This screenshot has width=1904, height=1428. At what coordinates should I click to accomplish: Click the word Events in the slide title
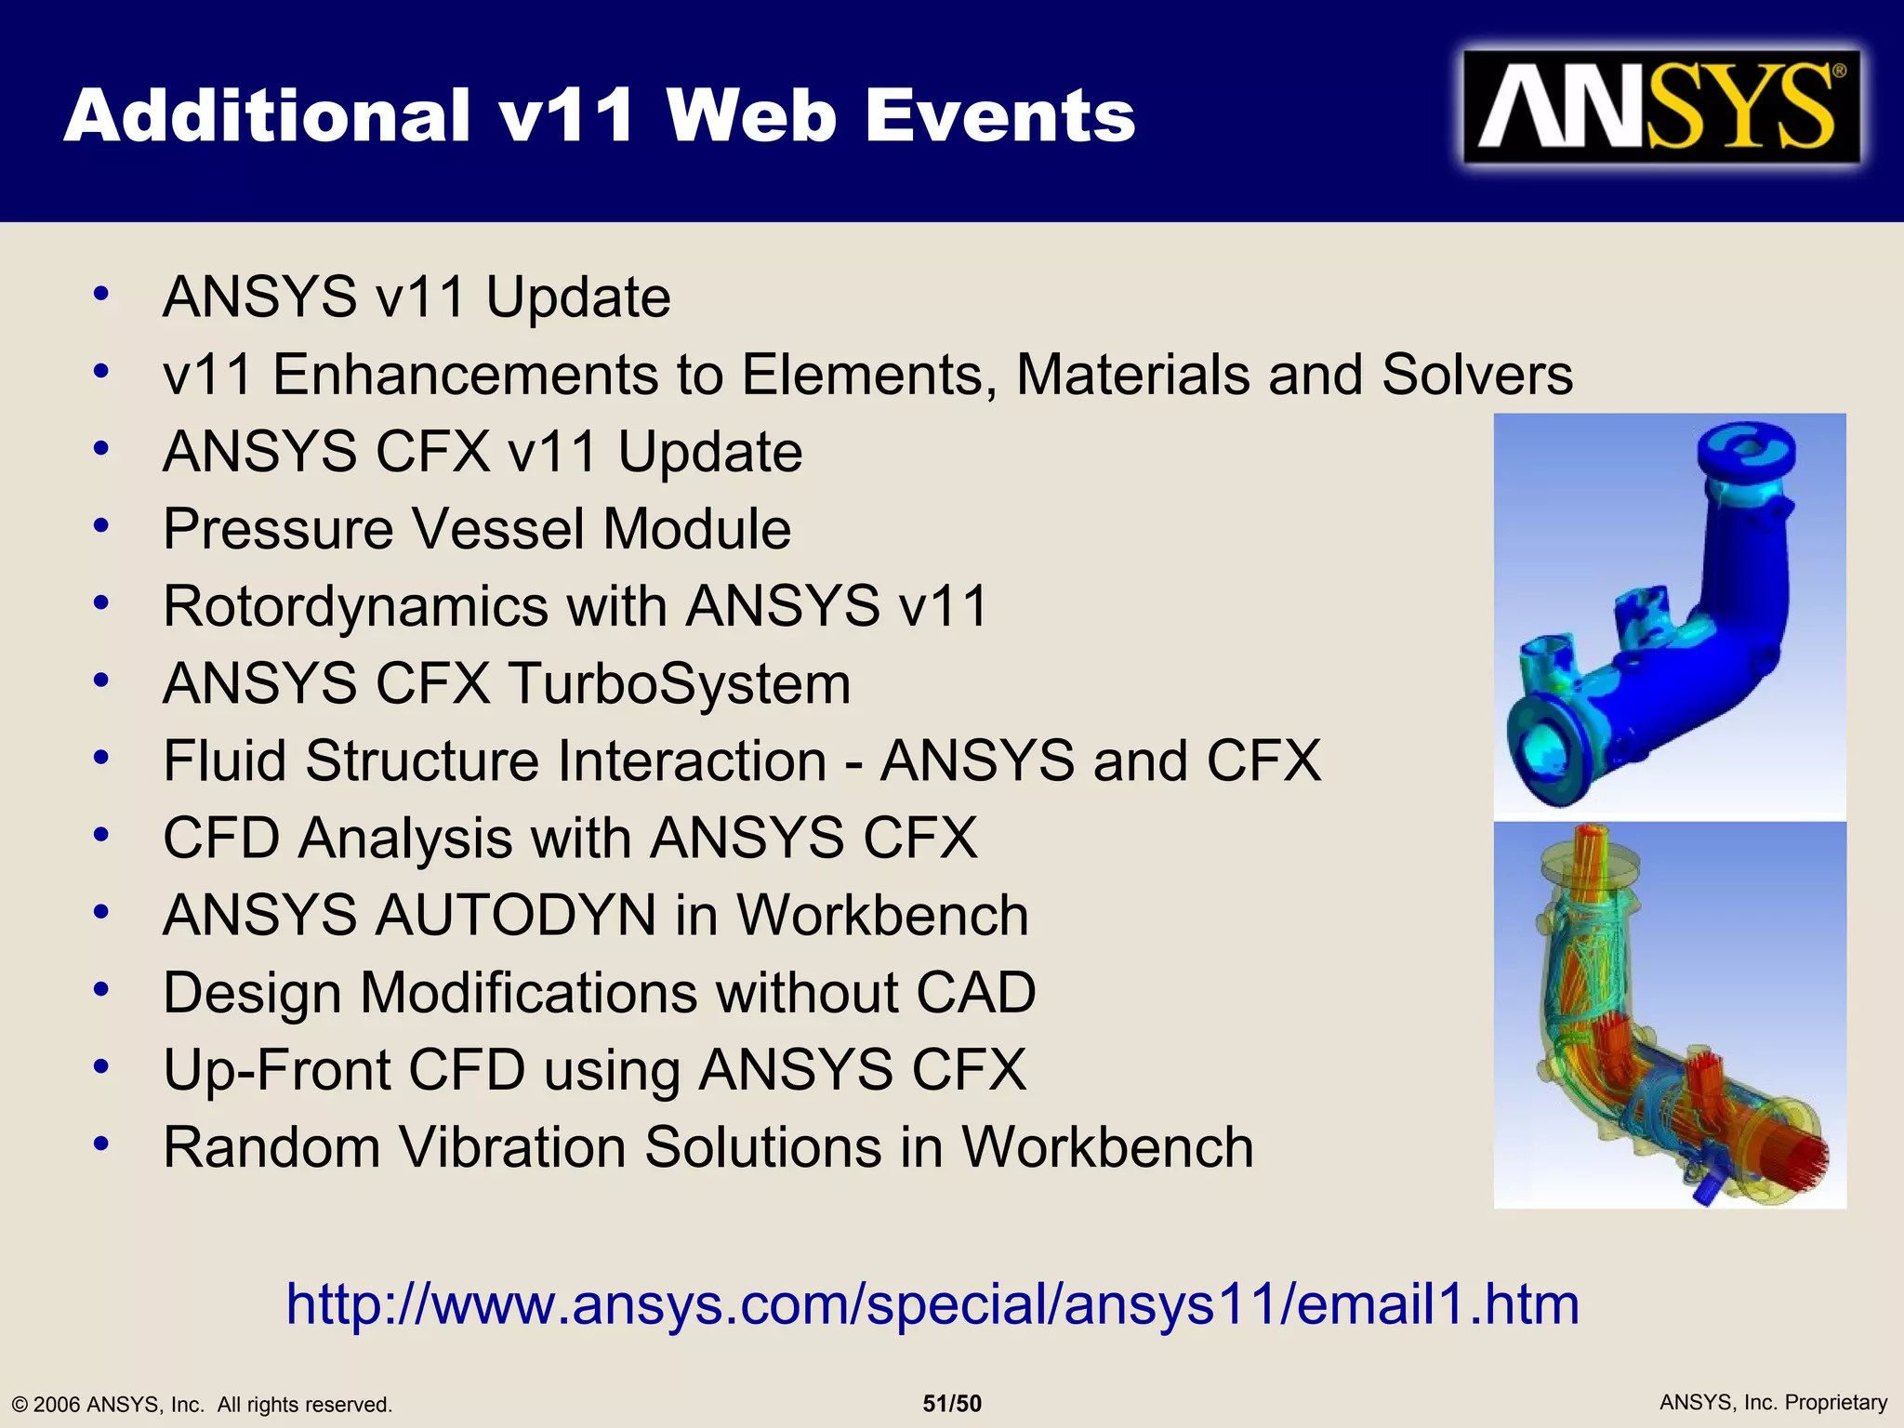coord(1000,116)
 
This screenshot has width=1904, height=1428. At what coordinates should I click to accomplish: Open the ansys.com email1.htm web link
coord(932,1303)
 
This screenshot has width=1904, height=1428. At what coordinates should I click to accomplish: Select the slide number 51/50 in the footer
coord(952,1404)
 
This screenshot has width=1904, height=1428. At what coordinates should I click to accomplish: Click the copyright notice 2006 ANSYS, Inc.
coord(202,1404)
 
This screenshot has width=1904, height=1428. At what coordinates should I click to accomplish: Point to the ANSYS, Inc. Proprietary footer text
coord(1773,1402)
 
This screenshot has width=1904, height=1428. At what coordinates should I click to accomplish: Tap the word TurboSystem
coord(680,683)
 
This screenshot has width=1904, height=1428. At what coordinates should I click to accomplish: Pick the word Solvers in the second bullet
coord(1476,375)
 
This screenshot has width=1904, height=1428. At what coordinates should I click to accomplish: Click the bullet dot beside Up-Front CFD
coord(101,1066)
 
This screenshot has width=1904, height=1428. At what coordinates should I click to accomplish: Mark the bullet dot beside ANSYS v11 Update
coord(101,294)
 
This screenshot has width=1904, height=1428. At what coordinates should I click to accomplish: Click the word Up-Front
coord(276,1069)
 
